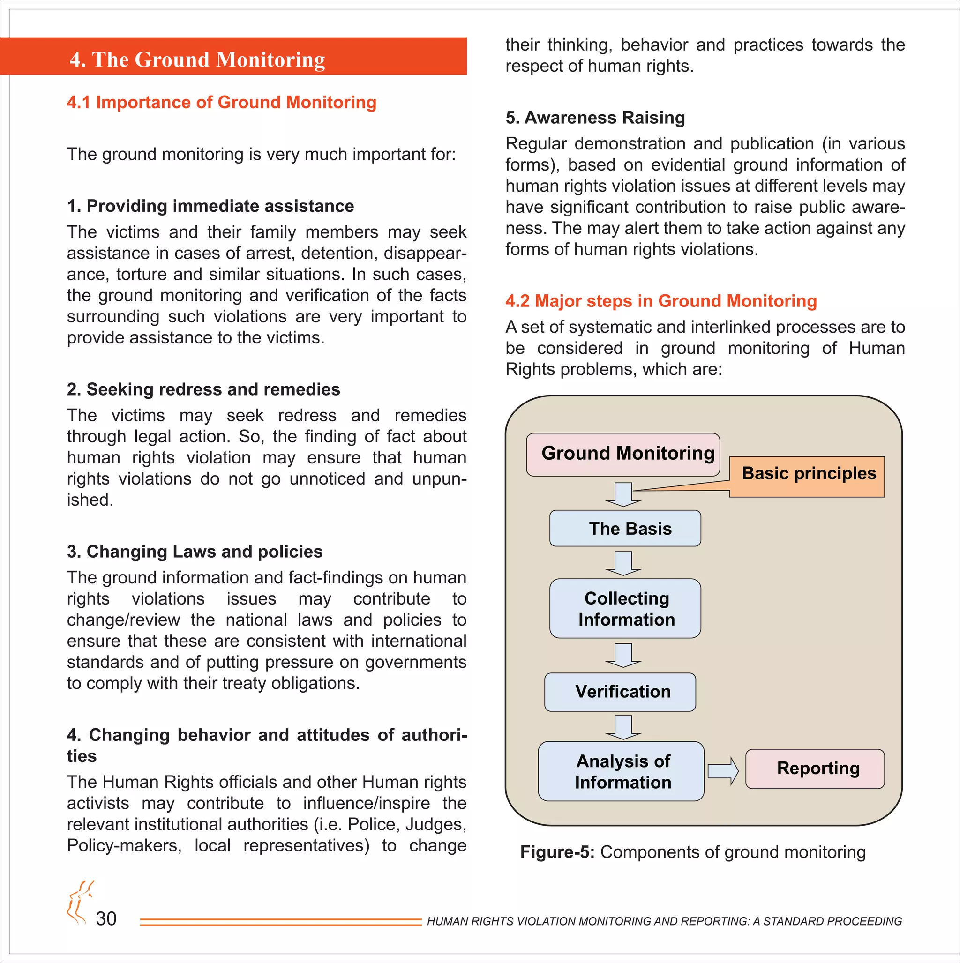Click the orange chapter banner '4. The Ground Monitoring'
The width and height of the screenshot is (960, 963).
tap(233, 57)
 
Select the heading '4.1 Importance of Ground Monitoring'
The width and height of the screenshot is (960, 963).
tap(221, 102)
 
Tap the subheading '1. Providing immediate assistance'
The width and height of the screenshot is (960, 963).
tap(210, 206)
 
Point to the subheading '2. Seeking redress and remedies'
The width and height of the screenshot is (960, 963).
tap(203, 389)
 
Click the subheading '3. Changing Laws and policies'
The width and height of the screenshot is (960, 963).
tap(195, 552)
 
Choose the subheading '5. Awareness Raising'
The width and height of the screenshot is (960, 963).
tap(594, 118)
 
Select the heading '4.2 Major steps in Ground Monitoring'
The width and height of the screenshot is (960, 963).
tap(660, 301)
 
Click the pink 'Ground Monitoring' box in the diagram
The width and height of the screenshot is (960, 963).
tap(622, 454)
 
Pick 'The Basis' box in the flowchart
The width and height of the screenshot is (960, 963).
tap(625, 528)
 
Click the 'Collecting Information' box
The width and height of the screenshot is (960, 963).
tap(625, 609)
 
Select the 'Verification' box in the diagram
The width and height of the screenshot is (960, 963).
tap(620, 692)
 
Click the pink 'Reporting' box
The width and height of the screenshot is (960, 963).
tap(814, 769)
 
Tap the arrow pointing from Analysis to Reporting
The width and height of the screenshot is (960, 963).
tap(723, 771)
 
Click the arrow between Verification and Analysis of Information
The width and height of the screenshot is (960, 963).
tap(623, 727)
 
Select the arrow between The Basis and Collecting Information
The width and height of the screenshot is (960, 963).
tap(623, 563)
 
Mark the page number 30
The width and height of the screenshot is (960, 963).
tap(106, 918)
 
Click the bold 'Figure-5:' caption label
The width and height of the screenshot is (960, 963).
tap(557, 852)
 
